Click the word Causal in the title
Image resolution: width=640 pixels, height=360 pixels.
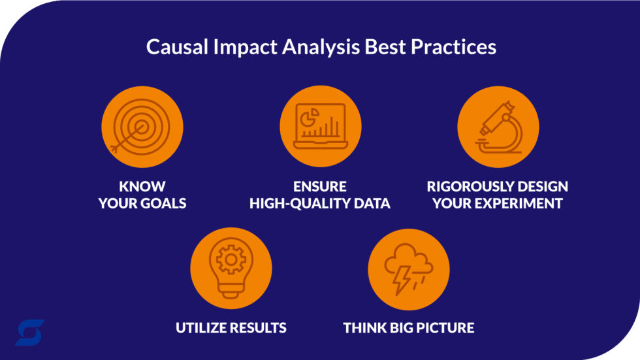[x=172, y=48]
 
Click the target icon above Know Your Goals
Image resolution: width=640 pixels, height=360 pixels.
[x=142, y=127]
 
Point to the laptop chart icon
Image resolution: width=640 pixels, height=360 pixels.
[x=320, y=127]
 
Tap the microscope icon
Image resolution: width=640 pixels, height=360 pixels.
[x=498, y=127]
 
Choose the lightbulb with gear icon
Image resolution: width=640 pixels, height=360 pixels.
[x=231, y=268]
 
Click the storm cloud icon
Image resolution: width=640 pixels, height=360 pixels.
[x=408, y=268]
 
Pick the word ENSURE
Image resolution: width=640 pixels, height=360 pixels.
[x=320, y=186]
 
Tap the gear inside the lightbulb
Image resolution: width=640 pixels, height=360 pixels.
[x=231, y=260]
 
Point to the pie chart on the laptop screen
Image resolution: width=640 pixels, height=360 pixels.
[x=307, y=116]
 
